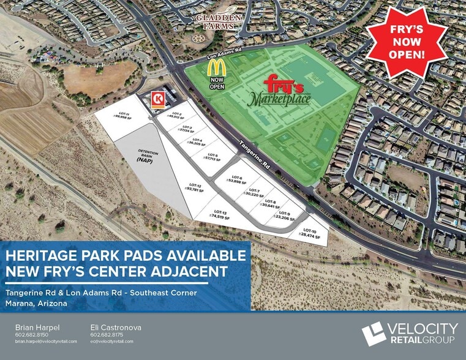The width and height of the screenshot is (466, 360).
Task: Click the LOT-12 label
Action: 195,187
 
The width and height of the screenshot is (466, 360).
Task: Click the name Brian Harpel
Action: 37,328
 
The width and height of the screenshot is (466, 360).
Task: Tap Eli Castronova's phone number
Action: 107,335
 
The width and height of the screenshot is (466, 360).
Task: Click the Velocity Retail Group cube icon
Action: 374,332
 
